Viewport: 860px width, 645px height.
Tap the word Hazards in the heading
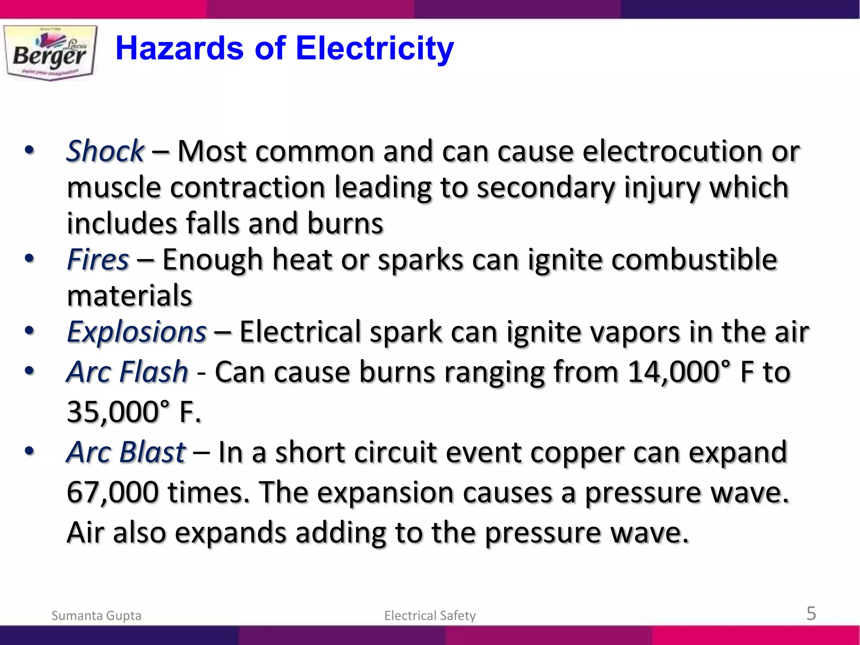179,48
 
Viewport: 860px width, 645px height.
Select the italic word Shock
105,151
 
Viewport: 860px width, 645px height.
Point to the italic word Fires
98,260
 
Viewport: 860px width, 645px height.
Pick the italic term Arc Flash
127,372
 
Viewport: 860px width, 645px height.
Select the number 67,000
113,493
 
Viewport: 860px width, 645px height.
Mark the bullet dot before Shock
29,150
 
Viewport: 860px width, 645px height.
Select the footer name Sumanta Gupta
96,616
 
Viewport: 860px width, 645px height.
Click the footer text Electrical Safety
430,616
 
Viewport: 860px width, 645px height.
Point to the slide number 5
811,614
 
